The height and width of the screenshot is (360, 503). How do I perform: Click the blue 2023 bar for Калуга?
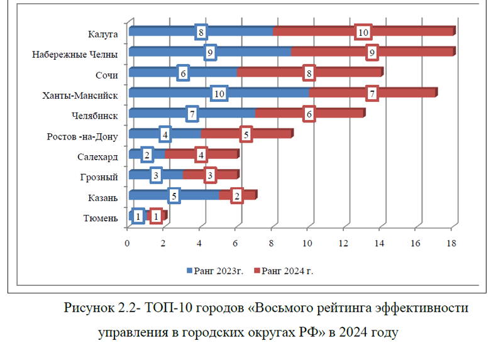tap(163, 31)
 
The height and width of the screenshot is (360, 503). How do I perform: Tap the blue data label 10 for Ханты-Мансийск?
tap(219, 94)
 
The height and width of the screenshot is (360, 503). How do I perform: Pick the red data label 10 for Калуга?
tap(362, 31)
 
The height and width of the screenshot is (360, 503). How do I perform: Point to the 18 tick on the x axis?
tap(451, 243)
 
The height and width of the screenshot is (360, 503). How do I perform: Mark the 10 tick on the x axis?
tap(307, 243)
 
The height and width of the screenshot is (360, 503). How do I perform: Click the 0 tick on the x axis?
tap(128, 243)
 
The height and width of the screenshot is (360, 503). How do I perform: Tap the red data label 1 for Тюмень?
tap(156, 216)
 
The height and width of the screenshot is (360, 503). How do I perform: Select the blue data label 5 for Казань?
tap(173, 195)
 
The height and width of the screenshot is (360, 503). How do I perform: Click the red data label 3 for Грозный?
tap(210, 175)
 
